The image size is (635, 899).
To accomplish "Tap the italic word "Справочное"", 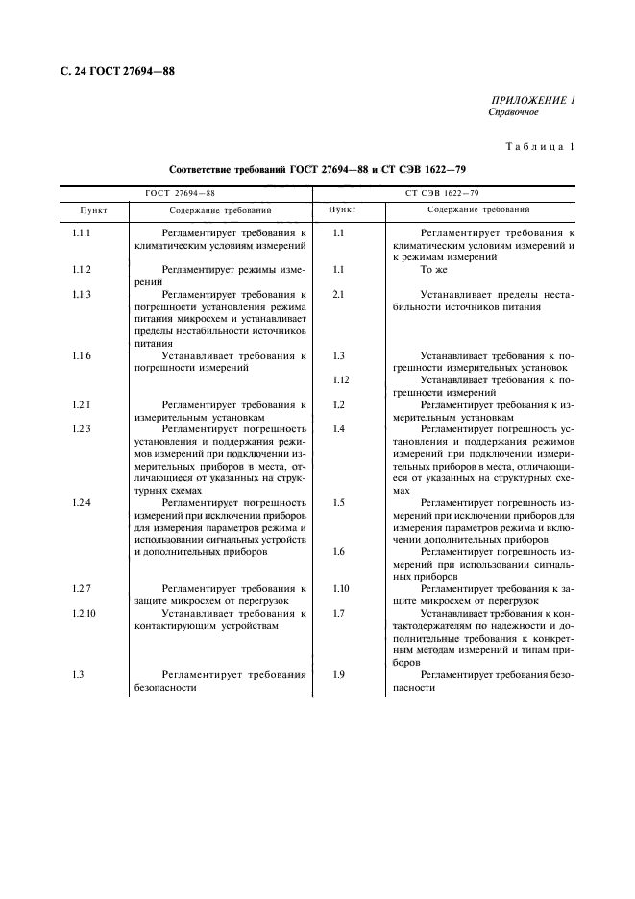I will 513,112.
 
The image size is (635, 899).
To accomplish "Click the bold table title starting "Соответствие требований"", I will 315,168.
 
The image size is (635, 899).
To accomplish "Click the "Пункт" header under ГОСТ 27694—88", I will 93,208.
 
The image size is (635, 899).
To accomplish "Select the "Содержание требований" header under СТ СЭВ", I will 478,208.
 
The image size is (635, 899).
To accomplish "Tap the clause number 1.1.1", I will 82,233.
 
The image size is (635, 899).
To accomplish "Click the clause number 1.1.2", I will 82,271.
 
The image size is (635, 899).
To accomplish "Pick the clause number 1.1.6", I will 82,356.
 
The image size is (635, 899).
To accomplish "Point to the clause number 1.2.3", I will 82,428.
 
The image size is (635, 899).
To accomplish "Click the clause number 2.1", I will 338,295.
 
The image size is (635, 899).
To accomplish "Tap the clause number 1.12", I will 340,380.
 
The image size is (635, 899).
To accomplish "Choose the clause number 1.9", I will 338,675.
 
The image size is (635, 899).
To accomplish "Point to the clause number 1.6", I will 338,551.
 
